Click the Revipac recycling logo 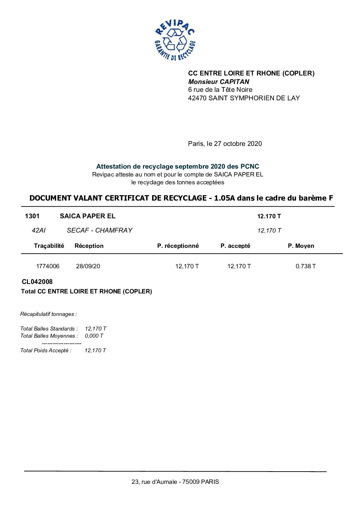tap(175, 40)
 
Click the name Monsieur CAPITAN tap(219, 82)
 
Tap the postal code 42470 tap(197, 98)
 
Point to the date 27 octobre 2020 tap(238, 143)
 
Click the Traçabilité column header tap(49, 246)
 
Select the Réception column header tap(89, 246)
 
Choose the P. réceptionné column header tap(178, 246)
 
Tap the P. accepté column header tap(235, 246)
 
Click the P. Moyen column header tap(301, 246)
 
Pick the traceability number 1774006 tap(48, 266)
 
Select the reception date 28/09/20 tap(88, 266)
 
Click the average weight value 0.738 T tap(306, 266)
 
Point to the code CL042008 tap(37, 282)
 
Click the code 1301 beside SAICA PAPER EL tap(32, 216)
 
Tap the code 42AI tap(38, 230)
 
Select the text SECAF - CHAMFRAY tap(99, 230)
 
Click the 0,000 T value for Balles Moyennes tap(94, 336)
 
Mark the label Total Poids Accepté tap(46, 351)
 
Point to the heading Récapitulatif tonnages tap(48, 314)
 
